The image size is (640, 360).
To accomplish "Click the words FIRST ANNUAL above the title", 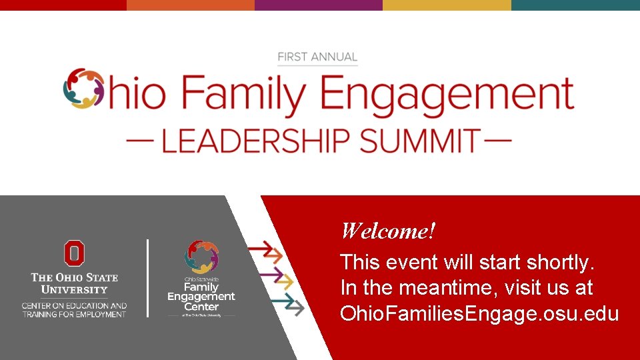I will coord(317,57).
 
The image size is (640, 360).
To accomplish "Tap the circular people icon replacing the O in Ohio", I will coord(85,89).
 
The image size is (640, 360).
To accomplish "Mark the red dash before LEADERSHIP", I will coord(139,141).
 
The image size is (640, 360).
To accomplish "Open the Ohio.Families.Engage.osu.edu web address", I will coord(479,313).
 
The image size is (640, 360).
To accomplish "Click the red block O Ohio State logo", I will coord(74,253).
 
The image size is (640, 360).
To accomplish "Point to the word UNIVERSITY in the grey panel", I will coord(74,290).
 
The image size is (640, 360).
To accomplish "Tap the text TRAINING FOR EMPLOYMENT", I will coord(74,314).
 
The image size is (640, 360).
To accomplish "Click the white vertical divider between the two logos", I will coord(147,278).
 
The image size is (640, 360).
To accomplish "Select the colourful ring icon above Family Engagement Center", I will coord(201,256).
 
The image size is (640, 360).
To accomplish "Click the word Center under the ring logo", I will coord(201,307).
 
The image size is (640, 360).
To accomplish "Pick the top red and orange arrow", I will coord(265,252).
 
